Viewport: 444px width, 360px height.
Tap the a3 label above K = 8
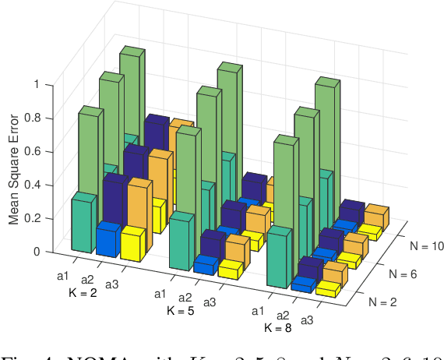308,319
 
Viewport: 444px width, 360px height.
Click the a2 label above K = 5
185,297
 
